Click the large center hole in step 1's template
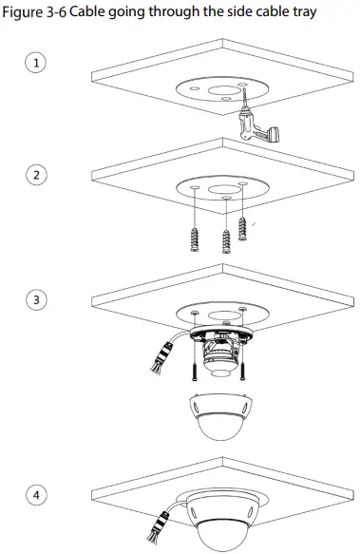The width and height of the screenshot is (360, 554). click(211, 83)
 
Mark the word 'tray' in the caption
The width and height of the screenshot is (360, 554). click(300, 11)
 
